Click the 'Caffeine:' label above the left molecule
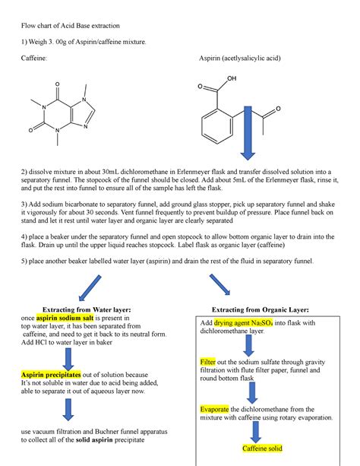tap(34, 59)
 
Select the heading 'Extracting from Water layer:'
tap(89, 310)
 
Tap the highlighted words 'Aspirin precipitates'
tap(51, 376)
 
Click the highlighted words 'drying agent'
tap(232, 323)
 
